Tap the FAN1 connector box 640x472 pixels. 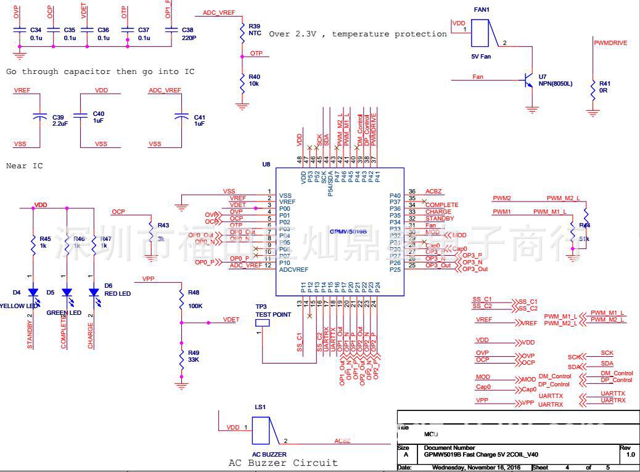(x=482, y=33)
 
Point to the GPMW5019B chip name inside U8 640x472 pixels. (x=348, y=232)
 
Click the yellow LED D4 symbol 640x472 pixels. (x=34, y=293)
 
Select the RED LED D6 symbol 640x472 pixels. (x=94, y=293)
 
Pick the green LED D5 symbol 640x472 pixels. (x=66, y=293)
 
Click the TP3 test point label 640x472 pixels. (x=273, y=310)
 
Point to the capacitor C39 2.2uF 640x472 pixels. (x=40, y=116)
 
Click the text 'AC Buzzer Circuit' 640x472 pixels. (x=283, y=463)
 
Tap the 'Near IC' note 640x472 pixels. (x=25, y=166)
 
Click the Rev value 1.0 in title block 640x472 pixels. (x=630, y=455)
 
